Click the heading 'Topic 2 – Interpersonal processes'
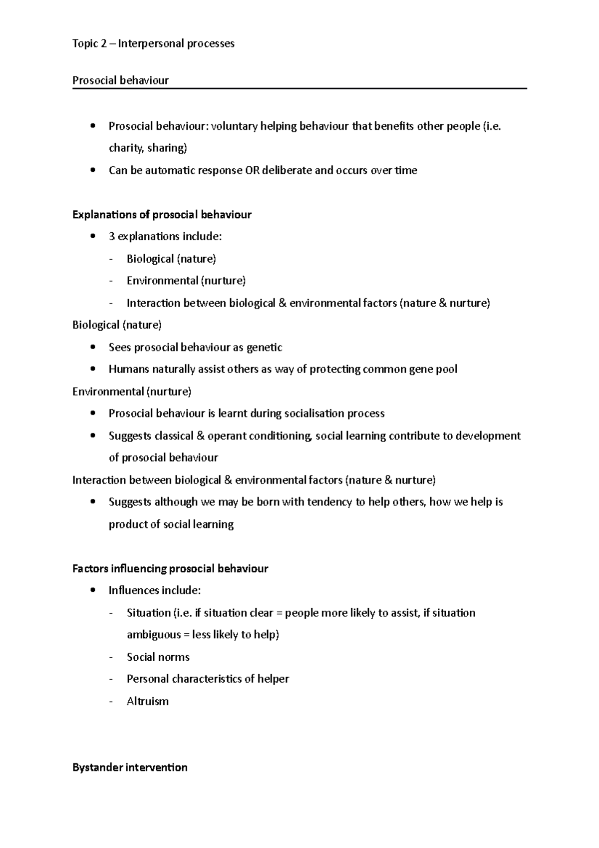pos(153,44)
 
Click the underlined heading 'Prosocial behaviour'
pos(121,80)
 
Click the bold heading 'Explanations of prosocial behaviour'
pos(162,215)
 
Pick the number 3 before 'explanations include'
pos(112,237)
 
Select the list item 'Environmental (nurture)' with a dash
pos(186,281)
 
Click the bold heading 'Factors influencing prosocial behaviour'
pos(170,569)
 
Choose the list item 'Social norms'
pos(158,657)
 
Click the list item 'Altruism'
pos(148,701)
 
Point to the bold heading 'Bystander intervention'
pos(130,768)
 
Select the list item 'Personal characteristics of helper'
pos(208,679)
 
